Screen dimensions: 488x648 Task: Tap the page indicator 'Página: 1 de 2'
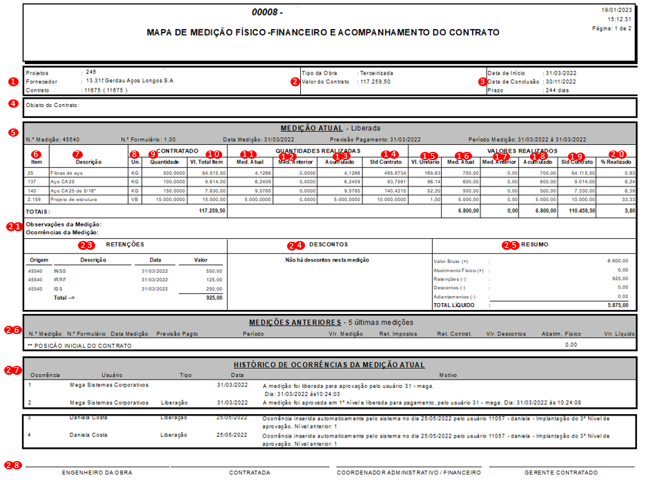[x=611, y=29]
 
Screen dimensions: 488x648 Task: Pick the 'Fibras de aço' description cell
[x=66, y=173]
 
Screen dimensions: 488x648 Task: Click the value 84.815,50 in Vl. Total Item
[x=208, y=173]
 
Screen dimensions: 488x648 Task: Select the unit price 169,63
[x=433, y=173]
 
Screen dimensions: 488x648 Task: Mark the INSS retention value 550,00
[x=213, y=271]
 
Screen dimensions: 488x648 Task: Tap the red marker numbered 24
[x=295, y=245]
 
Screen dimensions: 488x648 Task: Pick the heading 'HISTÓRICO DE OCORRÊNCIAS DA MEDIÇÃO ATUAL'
[x=328, y=364]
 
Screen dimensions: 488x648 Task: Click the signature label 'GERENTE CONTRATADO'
[x=561, y=473]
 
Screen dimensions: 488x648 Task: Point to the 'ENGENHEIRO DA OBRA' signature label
[x=97, y=473]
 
